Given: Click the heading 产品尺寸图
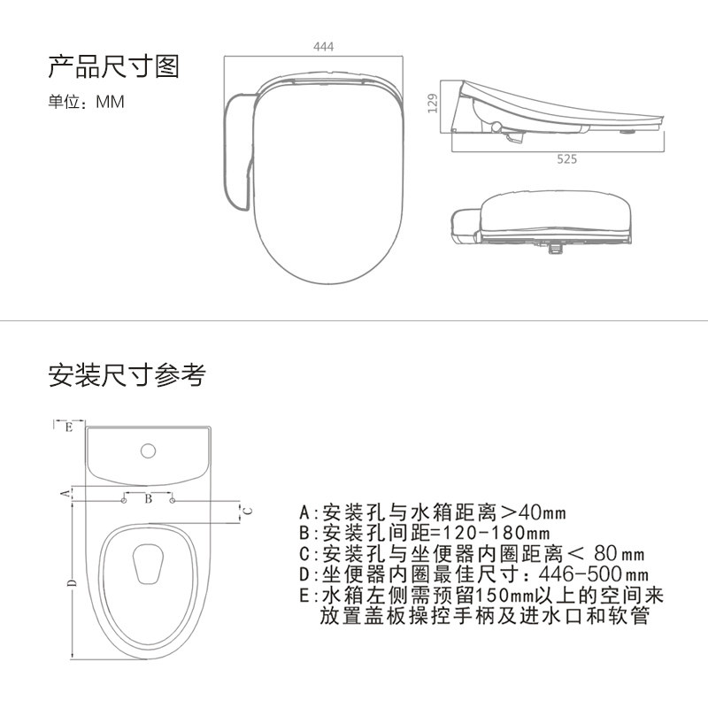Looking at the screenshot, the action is (113, 66).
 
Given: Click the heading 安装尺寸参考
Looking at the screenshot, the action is (127, 375).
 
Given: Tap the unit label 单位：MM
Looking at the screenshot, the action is (86, 102).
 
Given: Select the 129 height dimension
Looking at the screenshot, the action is (433, 105).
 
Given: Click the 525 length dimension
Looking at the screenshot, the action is (566, 159).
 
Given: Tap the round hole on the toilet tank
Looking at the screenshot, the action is (148, 451).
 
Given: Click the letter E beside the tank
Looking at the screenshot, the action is (68, 427).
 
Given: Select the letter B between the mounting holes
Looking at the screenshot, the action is (149, 500).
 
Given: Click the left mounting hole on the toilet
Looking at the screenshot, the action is (124, 501).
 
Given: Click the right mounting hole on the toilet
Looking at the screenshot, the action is (173, 501).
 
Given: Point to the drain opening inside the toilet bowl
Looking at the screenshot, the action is (148, 562).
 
